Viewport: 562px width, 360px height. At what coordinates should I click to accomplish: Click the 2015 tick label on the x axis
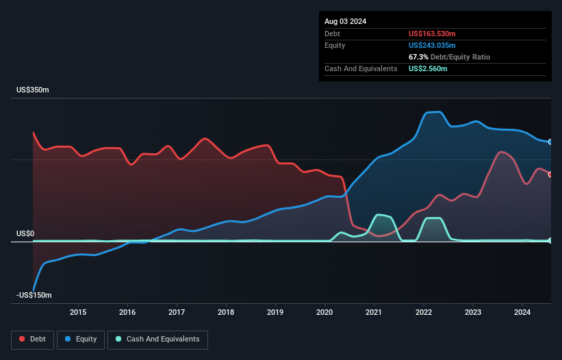[x=78, y=313]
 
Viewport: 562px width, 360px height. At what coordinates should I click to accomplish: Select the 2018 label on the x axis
[x=226, y=313]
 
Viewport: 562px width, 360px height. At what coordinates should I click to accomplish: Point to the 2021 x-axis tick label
[x=374, y=313]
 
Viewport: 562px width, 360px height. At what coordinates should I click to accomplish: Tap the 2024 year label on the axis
[x=522, y=313]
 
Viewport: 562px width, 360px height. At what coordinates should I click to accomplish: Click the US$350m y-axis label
[x=34, y=90]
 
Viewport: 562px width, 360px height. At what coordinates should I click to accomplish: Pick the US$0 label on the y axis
[x=25, y=234]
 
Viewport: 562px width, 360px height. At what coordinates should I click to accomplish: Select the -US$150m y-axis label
[x=35, y=295]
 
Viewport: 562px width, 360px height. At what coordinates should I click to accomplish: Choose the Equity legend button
[x=81, y=339]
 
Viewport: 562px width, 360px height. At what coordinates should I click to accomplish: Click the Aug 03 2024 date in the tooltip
[x=345, y=21]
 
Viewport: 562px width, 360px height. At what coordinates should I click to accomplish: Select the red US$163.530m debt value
[x=433, y=34]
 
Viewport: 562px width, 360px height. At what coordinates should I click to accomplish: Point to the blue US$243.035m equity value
[x=433, y=45]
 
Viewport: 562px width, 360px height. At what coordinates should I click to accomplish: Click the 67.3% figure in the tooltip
[x=418, y=57]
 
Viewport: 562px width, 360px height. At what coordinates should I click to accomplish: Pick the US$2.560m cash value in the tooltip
[x=428, y=68]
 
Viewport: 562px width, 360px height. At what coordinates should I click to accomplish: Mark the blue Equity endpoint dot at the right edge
[x=550, y=142]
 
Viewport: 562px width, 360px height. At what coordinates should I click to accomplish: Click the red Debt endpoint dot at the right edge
[x=550, y=175]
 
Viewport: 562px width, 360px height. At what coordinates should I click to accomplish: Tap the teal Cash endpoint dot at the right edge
[x=550, y=240]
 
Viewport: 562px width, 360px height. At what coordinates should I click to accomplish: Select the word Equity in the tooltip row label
[x=335, y=45]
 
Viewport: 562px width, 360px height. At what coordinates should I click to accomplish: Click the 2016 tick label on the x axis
[x=127, y=313]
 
